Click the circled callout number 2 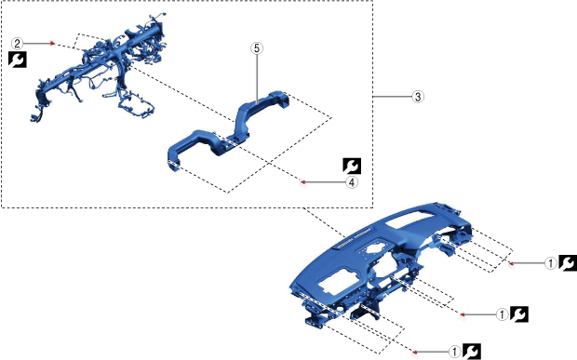point(17,44)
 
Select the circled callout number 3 point(418,97)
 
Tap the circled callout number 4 point(352,182)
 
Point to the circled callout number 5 point(257,48)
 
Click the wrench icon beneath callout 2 point(18,60)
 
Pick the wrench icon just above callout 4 point(352,166)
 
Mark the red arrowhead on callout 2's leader point(53,44)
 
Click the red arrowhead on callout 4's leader point(303,182)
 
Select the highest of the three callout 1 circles point(551,263)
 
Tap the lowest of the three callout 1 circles point(455,352)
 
